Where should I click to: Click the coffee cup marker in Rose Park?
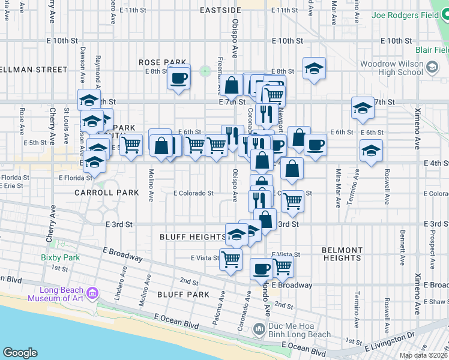(x=178, y=77)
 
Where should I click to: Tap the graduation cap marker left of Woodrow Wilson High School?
(x=314, y=69)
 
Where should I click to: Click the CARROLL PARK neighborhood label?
(x=107, y=193)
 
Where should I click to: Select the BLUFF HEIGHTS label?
(x=193, y=237)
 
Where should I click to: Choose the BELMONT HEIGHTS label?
(x=342, y=254)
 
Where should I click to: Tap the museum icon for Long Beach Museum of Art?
(x=92, y=293)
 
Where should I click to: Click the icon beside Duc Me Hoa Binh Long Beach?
(x=259, y=329)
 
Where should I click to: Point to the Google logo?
(x=20, y=353)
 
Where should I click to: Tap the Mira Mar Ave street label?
(x=338, y=188)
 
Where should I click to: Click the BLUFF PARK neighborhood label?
(x=183, y=295)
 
